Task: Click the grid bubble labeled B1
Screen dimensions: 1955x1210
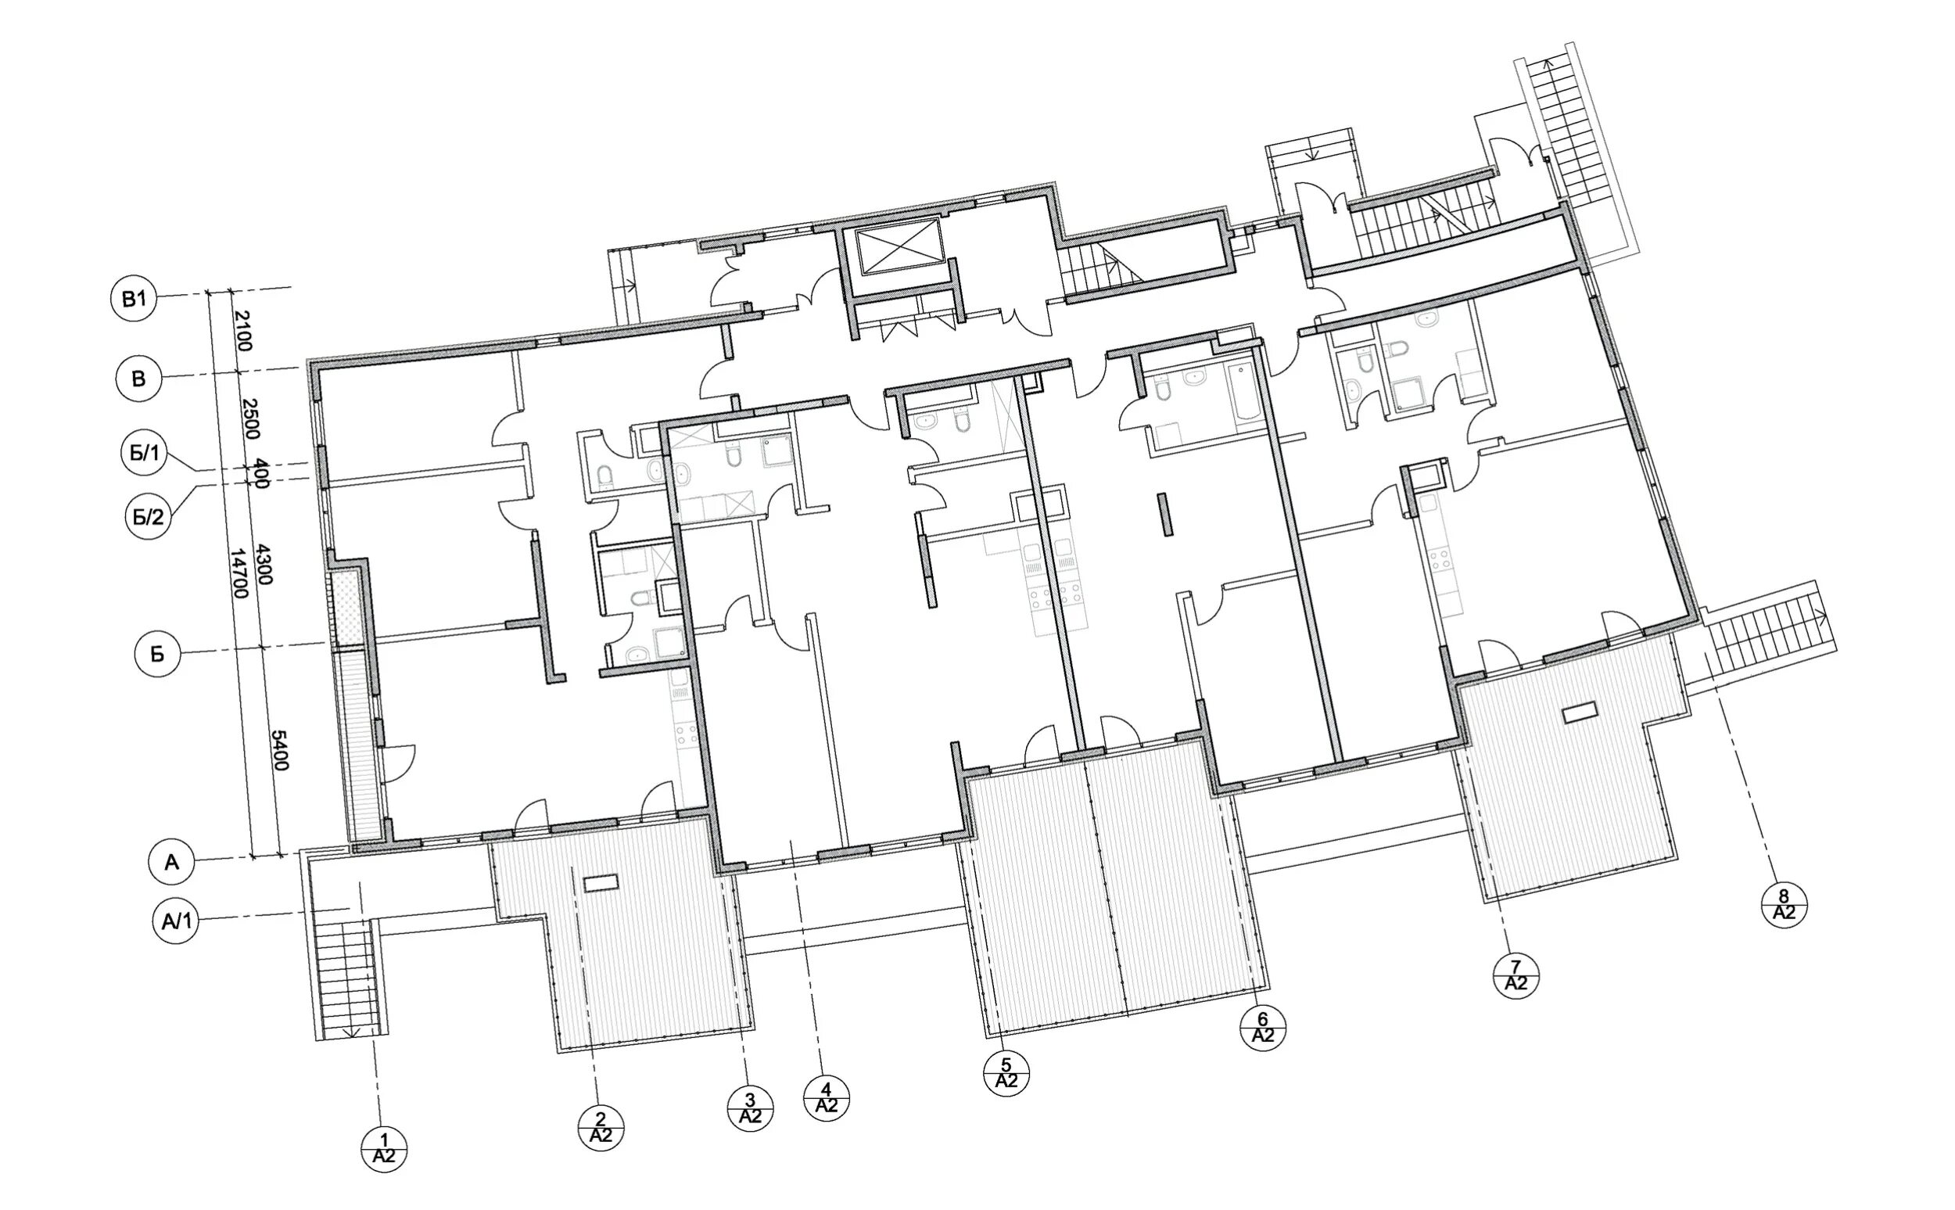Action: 134,300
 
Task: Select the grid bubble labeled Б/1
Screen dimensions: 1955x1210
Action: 145,454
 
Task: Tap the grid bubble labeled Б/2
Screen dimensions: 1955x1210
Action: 149,516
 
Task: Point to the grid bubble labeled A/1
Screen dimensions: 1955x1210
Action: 175,922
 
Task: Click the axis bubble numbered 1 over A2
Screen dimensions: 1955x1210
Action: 384,1150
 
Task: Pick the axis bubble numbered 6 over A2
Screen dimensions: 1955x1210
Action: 1262,1028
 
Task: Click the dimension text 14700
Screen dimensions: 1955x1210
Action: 239,574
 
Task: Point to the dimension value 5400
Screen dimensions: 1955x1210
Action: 279,750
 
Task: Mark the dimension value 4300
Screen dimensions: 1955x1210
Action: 265,565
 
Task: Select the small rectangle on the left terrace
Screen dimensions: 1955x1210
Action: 601,884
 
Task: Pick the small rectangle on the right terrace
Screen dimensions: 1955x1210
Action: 1579,713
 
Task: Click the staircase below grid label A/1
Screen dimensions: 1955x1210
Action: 350,978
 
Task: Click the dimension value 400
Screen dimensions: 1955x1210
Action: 260,472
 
